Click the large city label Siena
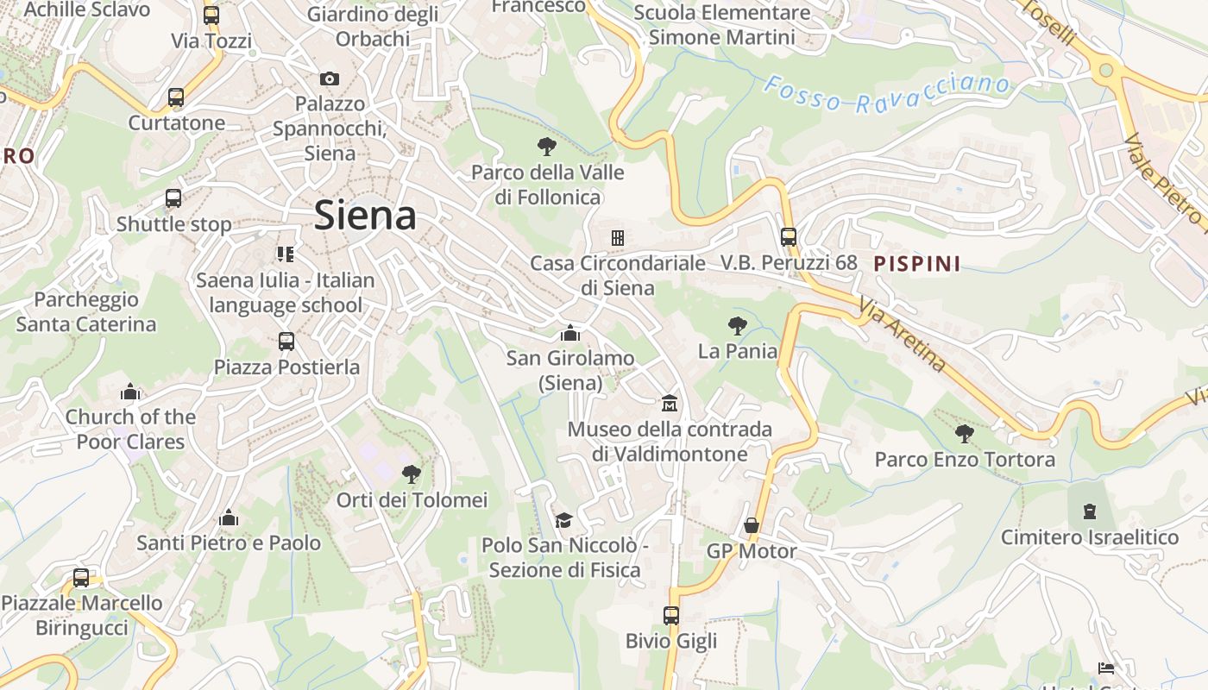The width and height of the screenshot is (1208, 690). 365,215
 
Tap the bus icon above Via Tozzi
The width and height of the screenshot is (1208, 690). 211,16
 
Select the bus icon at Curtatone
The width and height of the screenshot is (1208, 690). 176,97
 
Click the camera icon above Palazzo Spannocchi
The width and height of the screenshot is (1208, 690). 329,79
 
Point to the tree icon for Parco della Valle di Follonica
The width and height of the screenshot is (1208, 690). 546,147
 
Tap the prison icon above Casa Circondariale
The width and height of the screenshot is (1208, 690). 618,238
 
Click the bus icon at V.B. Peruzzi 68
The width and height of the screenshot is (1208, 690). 789,237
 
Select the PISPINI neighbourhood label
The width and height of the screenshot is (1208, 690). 917,264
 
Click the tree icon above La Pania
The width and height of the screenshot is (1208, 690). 737,326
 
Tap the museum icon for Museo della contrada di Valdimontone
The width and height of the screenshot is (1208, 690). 669,404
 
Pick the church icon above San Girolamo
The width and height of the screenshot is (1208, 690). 569,333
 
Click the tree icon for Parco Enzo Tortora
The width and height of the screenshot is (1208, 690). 964,434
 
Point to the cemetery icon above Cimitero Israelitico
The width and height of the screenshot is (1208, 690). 1090,511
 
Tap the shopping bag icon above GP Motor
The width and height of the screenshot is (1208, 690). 752,525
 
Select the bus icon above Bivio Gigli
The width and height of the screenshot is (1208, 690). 671,616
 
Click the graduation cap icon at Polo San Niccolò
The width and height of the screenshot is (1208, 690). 563,520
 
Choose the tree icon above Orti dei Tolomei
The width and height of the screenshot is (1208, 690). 412,474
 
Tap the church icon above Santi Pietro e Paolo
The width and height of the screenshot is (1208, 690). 229,517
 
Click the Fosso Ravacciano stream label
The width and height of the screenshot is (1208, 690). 887,94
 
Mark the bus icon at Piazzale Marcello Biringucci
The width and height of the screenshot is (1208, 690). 81,578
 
